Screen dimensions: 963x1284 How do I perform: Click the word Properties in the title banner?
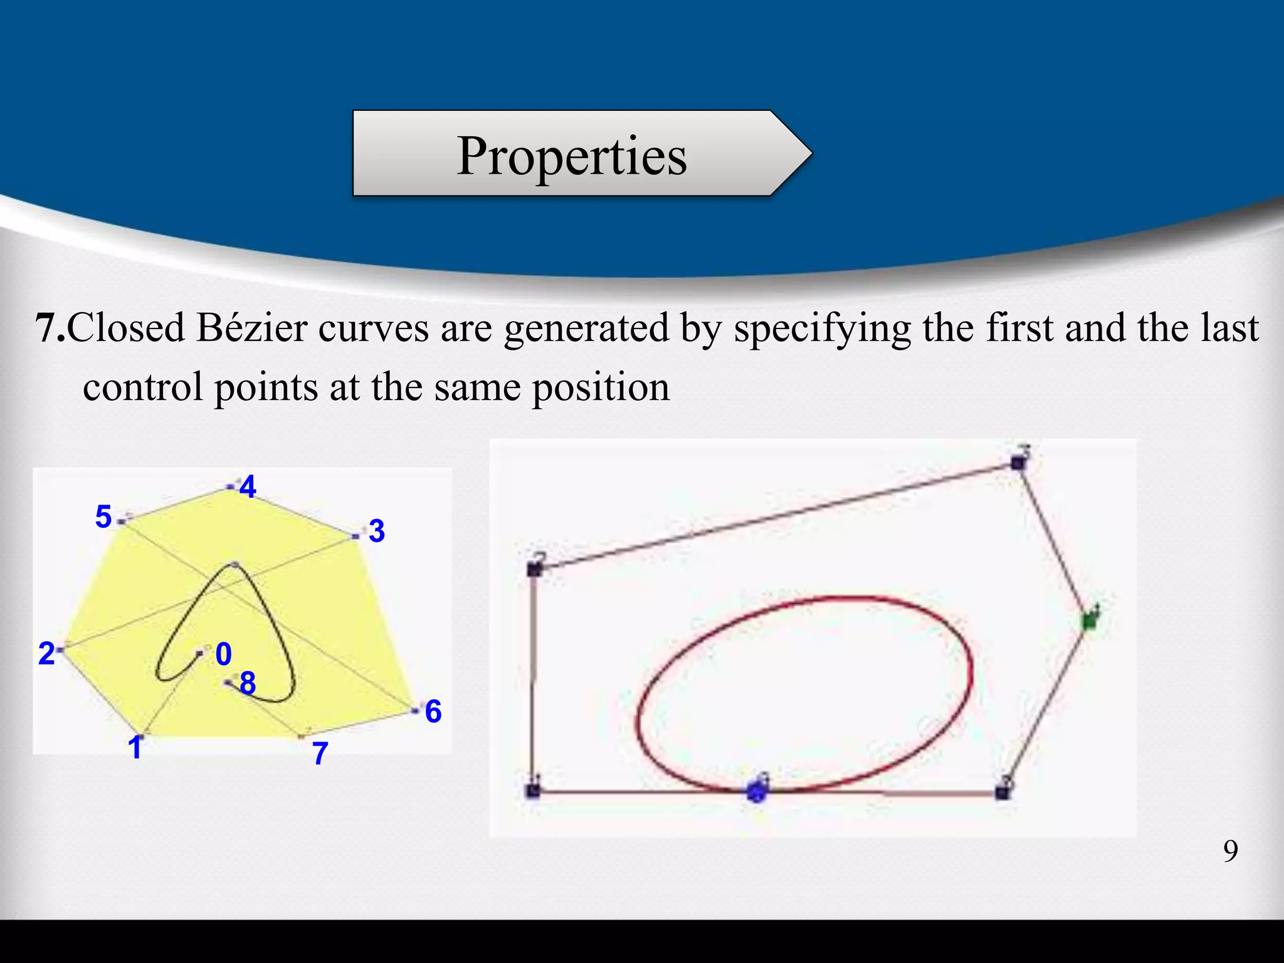pos(572,157)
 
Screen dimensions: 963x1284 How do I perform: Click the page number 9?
pos(1230,851)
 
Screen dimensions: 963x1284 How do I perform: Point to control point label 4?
pos(248,487)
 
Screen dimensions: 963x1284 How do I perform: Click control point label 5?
pos(103,517)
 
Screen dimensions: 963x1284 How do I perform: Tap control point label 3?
pos(376,531)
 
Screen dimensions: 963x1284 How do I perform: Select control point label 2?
pos(46,654)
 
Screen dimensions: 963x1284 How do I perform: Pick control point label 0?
pos(224,655)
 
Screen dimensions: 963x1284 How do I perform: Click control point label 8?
pos(248,683)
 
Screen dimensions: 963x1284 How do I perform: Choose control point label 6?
pos(433,712)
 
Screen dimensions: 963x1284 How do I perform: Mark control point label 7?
pos(320,754)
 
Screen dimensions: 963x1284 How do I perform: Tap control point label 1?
pos(135,748)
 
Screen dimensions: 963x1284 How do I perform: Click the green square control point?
pos(1090,621)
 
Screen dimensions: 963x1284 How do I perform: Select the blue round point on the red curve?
pos(757,792)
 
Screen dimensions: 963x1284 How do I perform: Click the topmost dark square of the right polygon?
pos(1018,463)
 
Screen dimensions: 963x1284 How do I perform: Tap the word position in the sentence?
pos(601,387)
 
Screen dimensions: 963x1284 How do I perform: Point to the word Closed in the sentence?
pos(126,328)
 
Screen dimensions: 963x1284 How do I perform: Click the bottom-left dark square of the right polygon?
pos(533,791)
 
